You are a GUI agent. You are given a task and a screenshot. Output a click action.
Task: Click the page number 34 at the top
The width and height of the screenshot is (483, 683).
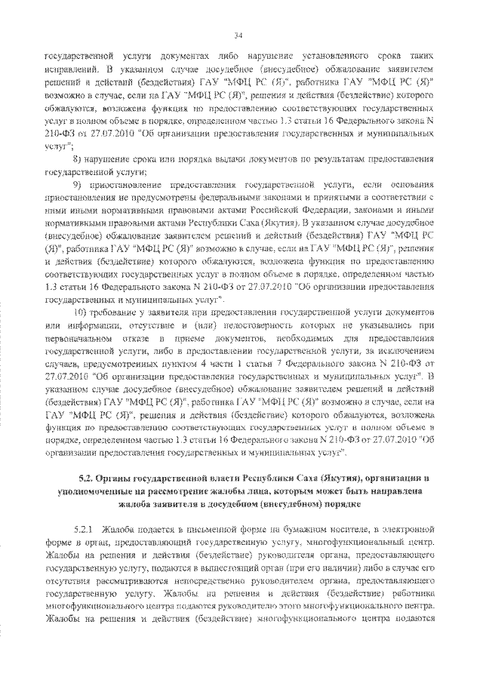click(x=238, y=35)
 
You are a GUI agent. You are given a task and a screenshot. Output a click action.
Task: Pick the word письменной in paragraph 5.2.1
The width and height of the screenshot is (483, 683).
click(x=235, y=530)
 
